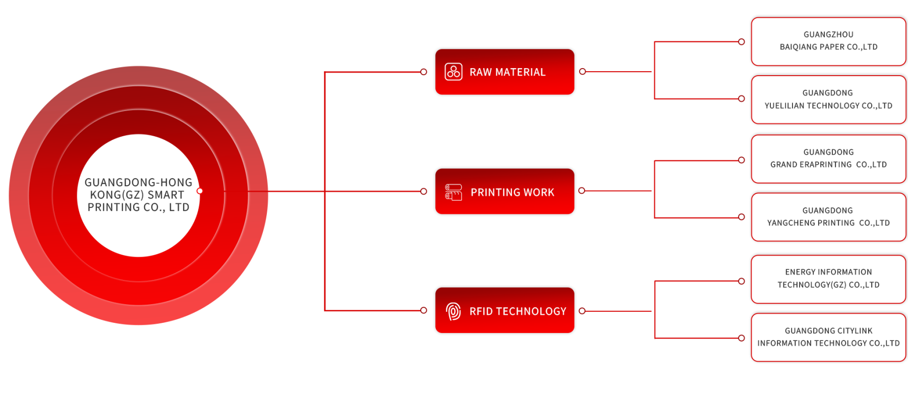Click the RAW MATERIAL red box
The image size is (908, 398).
504,72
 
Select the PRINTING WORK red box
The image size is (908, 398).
504,192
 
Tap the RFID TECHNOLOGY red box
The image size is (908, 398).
504,311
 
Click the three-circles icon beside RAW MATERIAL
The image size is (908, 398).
453,72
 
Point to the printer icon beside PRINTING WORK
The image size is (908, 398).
453,192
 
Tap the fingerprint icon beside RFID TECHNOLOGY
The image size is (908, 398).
453,311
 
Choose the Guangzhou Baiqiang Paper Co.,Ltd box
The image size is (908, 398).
828,41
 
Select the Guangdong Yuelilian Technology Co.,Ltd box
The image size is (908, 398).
828,99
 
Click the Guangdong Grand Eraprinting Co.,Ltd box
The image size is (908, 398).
828,158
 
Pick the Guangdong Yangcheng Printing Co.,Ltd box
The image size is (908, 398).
828,217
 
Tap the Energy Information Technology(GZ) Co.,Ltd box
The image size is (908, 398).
828,279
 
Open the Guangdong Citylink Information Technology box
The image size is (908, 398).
828,337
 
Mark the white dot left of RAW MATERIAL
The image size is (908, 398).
424,72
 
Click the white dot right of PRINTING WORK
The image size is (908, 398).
582,191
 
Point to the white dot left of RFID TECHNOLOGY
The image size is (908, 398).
424,310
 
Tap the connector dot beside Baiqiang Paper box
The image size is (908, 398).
742,42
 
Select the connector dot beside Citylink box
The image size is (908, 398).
742,338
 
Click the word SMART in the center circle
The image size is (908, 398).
166,195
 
